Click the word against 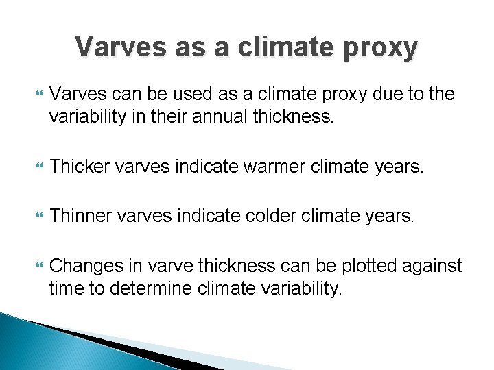pyautogui.click(x=434, y=266)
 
